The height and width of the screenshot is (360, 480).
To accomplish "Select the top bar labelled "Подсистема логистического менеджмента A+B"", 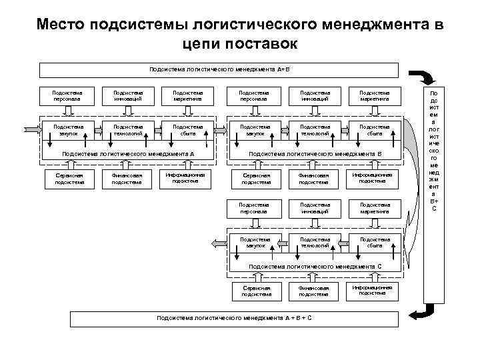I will [x=219, y=69].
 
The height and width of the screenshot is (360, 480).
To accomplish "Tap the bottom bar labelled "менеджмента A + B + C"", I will [x=233, y=317].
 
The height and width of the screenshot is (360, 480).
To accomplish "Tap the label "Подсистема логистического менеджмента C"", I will [x=315, y=267].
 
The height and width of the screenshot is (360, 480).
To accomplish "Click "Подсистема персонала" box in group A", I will [x=69, y=96].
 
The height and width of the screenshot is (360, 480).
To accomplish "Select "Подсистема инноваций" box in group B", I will [x=314, y=96].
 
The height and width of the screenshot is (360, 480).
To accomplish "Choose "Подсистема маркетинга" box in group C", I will [x=373, y=208].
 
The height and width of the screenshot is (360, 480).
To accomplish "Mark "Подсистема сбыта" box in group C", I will [x=373, y=242].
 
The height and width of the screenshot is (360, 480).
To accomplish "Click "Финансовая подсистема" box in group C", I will [x=314, y=290].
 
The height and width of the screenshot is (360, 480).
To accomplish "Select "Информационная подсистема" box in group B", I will [x=373, y=177].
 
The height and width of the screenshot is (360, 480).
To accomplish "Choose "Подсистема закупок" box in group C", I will [x=256, y=242].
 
